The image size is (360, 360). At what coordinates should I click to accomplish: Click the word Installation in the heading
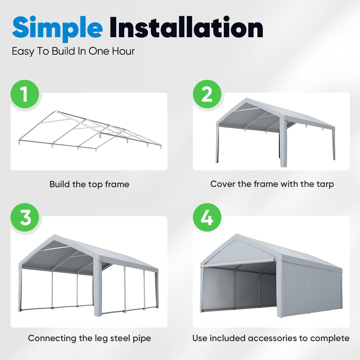186,28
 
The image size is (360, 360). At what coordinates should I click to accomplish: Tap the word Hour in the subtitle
123,51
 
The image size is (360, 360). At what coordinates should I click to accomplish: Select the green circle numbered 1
25,94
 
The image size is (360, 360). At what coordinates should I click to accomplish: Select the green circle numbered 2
207,94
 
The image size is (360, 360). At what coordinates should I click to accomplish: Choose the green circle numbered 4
207,217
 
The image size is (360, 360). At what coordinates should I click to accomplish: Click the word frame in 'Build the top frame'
117,184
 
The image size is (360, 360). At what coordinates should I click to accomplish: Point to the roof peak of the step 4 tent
237,236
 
